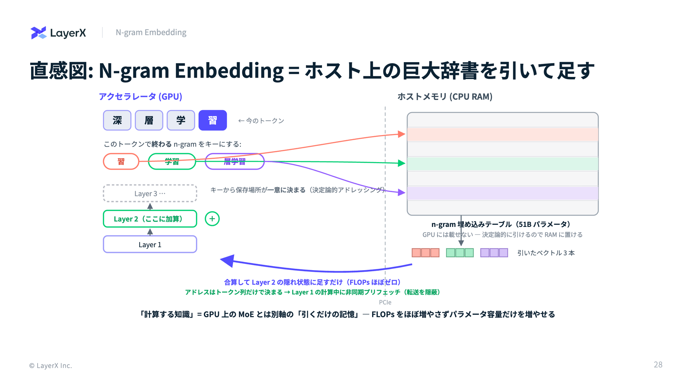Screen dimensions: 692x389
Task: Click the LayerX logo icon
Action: tap(39, 33)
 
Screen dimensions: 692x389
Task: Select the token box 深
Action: tap(117, 120)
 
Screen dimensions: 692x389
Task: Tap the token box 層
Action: tap(149, 120)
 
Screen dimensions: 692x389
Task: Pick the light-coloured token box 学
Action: tap(181, 120)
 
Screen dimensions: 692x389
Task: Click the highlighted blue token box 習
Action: tap(213, 120)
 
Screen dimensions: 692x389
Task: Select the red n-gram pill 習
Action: tap(121, 161)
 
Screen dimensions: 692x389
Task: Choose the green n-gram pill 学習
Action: tap(172, 161)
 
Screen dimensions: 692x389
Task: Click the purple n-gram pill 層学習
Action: tap(234, 161)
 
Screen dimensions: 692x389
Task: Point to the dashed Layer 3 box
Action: tap(150, 193)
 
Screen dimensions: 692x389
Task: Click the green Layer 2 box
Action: tap(150, 219)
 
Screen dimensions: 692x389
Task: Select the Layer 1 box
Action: tap(150, 244)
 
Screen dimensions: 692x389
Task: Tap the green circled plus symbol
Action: tap(212, 219)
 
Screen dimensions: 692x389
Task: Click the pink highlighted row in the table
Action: tap(503, 134)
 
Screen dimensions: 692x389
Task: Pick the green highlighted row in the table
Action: tap(503, 164)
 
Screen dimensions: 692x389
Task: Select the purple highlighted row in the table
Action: tap(503, 193)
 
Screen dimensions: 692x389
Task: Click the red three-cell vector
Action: tap(425, 253)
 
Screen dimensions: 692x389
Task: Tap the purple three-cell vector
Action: tap(494, 253)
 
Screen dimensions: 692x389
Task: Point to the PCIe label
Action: tap(385, 302)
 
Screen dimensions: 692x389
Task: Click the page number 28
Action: tap(658, 365)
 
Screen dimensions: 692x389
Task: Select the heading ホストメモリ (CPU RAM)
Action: tap(445, 97)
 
